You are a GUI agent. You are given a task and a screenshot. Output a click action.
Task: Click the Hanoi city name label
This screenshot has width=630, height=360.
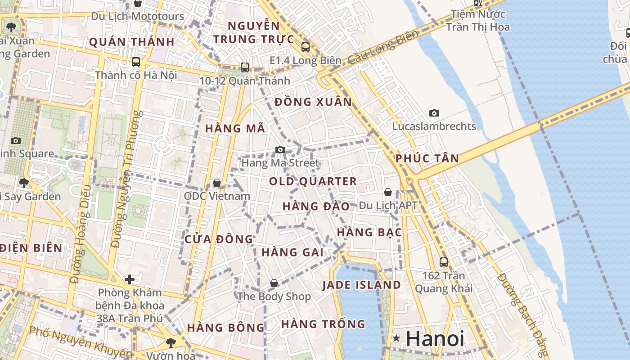tap(435, 338)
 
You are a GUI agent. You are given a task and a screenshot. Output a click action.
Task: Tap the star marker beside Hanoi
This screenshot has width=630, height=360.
tap(396, 338)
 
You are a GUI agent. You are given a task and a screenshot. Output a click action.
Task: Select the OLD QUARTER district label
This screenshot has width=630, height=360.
tap(313, 182)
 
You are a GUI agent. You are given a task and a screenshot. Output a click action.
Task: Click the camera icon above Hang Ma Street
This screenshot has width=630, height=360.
tap(280, 149)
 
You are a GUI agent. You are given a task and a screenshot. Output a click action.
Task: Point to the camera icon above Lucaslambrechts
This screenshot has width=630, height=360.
tap(434, 113)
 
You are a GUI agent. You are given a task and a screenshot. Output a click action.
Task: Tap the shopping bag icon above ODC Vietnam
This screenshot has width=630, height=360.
tap(217, 183)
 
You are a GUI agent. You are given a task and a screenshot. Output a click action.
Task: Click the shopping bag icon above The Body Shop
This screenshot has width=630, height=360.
tap(274, 283)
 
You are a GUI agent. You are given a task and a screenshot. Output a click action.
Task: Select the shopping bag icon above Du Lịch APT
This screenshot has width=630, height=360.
tap(388, 192)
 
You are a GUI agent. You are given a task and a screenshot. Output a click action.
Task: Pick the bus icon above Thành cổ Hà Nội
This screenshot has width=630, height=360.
tap(135, 62)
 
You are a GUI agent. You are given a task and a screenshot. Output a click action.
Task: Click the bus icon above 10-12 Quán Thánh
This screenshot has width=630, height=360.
tap(245, 67)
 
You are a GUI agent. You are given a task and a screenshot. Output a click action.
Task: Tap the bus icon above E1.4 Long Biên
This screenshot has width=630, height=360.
tap(306, 47)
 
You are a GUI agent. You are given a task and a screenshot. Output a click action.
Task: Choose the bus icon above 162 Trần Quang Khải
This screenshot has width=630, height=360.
tap(444, 262)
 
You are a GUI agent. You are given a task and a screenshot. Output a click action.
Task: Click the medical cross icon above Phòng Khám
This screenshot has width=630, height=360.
tap(130, 279)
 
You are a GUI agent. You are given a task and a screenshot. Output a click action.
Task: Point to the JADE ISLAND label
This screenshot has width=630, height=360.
tap(361, 285)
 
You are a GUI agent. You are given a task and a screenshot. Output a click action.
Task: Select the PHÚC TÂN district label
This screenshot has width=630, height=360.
tap(427, 158)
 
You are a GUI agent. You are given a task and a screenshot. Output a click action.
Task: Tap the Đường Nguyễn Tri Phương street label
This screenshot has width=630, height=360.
tap(126, 180)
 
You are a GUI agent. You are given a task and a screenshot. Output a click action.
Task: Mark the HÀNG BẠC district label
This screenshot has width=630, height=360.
tap(369, 232)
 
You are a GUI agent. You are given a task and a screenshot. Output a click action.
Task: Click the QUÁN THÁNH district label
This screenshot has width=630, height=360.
tap(131, 42)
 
